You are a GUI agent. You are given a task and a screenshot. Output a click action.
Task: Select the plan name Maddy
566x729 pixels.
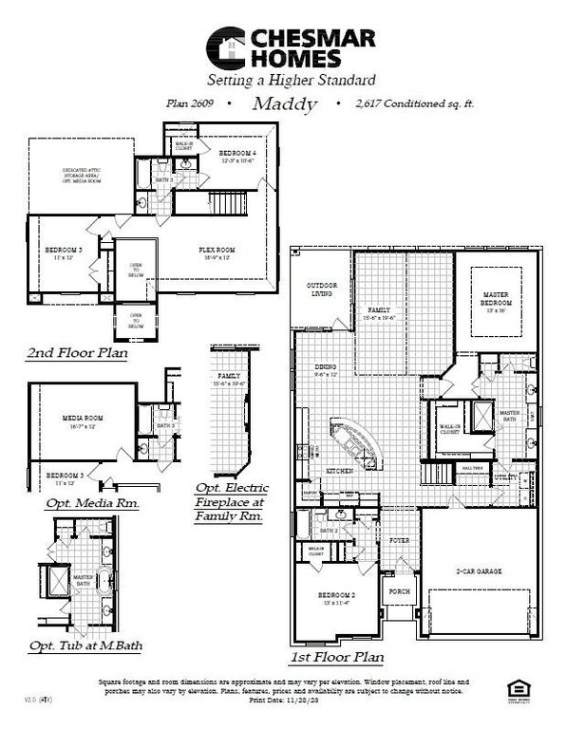point(285,104)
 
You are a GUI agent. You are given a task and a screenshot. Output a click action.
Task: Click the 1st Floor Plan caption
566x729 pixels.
point(338,656)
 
